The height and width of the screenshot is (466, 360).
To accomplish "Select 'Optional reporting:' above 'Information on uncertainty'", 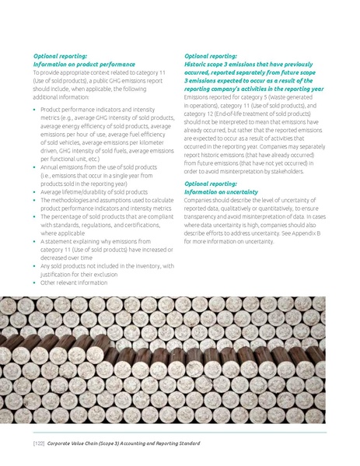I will coord(211,184).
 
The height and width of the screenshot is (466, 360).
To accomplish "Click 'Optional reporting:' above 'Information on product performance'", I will coord(59,56).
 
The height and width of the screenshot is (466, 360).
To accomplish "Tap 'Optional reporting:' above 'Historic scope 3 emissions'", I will coord(211,56).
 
